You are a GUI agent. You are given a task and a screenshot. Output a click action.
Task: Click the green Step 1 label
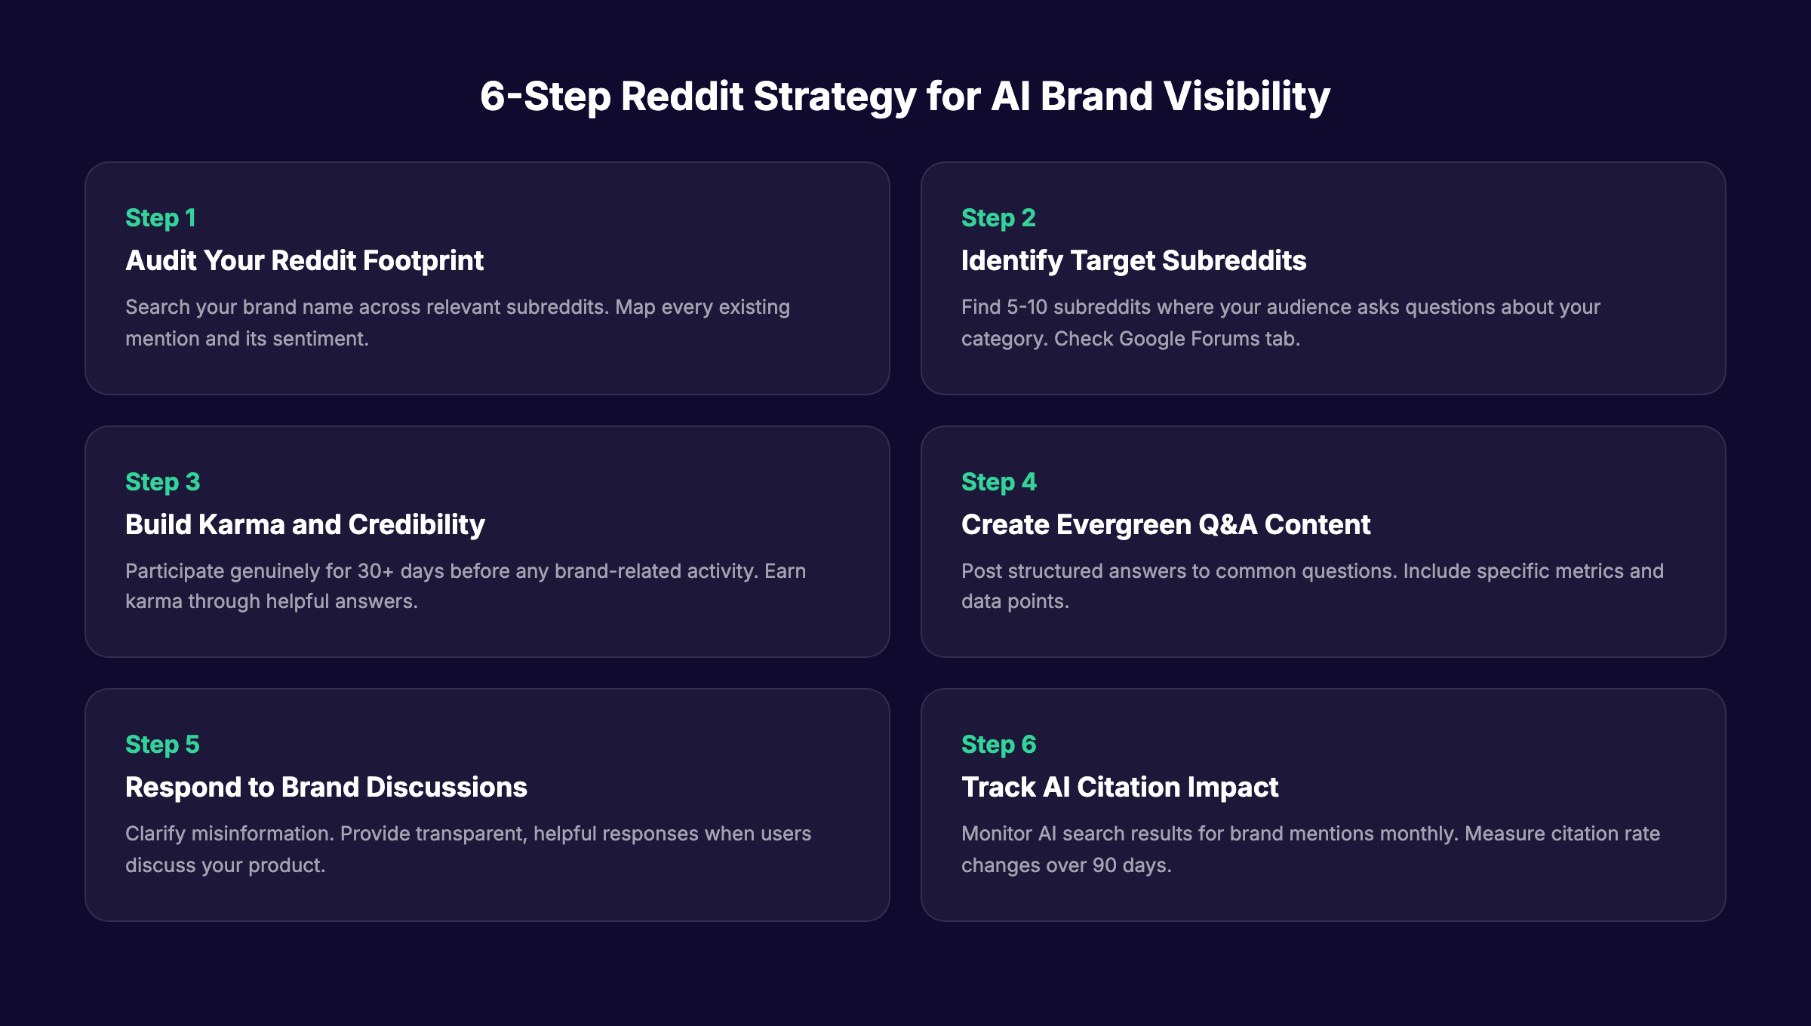click(x=161, y=218)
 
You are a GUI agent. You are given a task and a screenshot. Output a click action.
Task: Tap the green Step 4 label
click(x=998, y=482)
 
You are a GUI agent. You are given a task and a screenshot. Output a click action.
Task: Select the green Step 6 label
click(x=998, y=745)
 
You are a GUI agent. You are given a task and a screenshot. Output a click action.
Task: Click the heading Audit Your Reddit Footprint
click(x=304, y=261)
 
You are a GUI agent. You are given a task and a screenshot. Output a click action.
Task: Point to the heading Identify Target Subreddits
click(x=1133, y=261)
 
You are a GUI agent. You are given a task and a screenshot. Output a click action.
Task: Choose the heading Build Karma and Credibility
click(x=305, y=525)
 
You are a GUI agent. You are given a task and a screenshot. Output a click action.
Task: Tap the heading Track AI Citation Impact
click(x=1120, y=788)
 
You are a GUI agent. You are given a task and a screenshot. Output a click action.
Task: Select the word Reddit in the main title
click(x=681, y=97)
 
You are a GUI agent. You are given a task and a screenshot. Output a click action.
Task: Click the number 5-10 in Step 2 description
click(x=1027, y=308)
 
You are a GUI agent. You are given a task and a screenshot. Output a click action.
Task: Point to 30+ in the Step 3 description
click(x=376, y=571)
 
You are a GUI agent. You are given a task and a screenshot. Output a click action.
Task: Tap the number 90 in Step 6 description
click(x=1104, y=865)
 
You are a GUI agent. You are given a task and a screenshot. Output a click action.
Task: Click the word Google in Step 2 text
click(x=1155, y=339)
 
